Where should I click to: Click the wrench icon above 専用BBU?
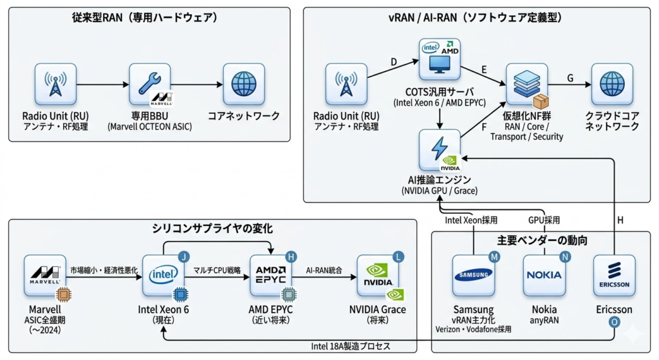149,83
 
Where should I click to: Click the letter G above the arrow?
570,78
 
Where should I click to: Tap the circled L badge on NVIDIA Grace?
399,257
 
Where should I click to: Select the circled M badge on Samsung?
494,257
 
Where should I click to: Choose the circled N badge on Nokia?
565,257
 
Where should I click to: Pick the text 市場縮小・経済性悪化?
104,269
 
